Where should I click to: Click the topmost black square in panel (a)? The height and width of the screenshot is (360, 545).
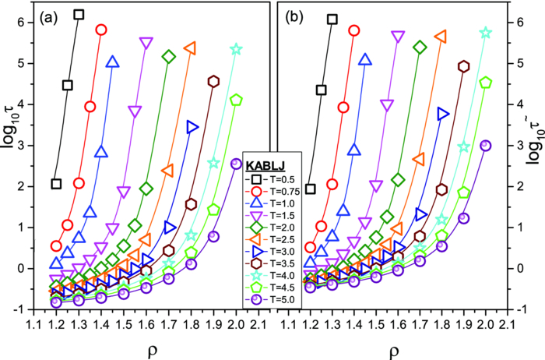click(x=78, y=15)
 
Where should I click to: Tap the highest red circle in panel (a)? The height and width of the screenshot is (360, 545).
click(x=100, y=30)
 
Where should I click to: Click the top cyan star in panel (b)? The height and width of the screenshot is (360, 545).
click(x=486, y=33)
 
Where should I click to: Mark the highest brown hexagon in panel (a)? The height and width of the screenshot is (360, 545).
click(x=214, y=81)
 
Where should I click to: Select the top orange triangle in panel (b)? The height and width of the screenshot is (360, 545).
click(x=441, y=36)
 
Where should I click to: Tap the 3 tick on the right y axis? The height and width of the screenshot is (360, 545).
click(x=516, y=145)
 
